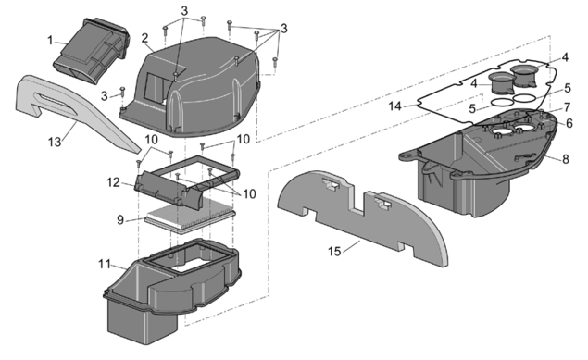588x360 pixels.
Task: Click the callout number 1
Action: coord(50,40)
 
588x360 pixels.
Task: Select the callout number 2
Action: coord(144,38)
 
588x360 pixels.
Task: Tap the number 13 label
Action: coord(55,142)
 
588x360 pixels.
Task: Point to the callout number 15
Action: coord(334,252)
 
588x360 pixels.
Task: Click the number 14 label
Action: coord(394,106)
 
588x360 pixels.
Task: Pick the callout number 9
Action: coord(120,219)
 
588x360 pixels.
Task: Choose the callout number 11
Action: coord(105,264)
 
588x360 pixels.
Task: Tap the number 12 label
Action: coord(113,182)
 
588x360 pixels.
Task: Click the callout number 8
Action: coord(566,159)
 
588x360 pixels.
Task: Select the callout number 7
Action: coord(567,107)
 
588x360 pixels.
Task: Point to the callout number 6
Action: coord(569,123)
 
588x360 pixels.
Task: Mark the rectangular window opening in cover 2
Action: coord(156,88)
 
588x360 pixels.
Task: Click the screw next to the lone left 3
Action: coord(122,93)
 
